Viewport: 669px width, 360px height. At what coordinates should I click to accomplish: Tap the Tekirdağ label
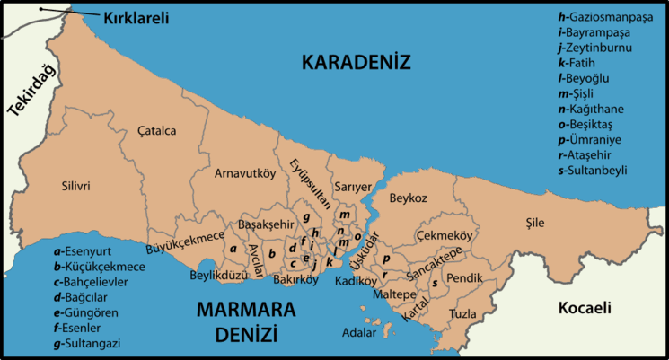[x=31, y=91]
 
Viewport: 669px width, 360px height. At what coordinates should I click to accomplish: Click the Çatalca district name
[x=156, y=131]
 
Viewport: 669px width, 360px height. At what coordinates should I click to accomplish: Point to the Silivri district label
[x=75, y=187]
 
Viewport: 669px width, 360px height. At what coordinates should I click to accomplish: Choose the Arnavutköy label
[x=244, y=174]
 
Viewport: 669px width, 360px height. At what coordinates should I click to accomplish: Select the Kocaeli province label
[x=584, y=308]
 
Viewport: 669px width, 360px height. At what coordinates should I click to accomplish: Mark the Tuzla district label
[x=463, y=313]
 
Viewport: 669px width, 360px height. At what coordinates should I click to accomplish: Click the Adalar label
[x=360, y=333]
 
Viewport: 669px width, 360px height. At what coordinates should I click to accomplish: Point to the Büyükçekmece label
[x=186, y=237]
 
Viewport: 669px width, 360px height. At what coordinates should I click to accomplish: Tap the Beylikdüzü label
[x=218, y=276]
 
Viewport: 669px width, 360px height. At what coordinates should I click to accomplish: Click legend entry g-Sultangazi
[x=88, y=343]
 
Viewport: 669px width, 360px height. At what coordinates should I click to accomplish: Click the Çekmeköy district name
[x=444, y=234]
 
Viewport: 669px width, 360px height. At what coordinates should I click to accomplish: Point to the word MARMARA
[x=245, y=310]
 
